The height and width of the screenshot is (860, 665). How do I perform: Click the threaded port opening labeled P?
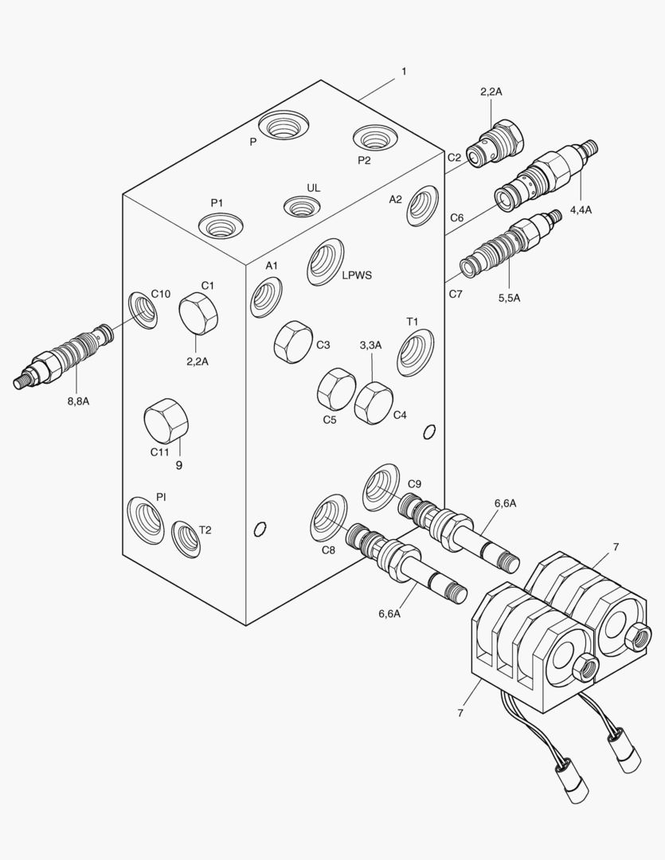(283, 125)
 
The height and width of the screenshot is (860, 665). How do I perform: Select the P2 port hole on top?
(375, 139)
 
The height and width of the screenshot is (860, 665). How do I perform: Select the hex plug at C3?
(291, 342)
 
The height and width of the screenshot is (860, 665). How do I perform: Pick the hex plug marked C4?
(374, 402)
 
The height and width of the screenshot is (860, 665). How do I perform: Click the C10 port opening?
(143, 310)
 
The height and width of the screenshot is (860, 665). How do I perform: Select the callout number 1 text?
(404, 72)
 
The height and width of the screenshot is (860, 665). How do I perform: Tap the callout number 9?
(178, 465)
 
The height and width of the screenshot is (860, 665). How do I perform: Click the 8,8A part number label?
(78, 401)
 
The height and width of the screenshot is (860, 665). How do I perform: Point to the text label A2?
(396, 199)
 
